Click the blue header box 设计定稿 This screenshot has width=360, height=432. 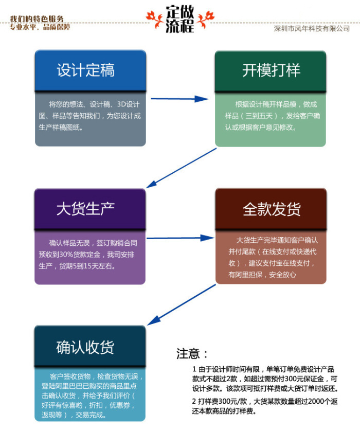[x=90, y=70]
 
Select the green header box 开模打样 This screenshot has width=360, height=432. [x=271, y=70]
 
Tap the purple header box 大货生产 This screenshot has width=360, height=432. [x=90, y=209]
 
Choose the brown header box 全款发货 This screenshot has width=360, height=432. [x=271, y=209]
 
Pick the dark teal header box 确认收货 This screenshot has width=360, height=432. [x=90, y=347]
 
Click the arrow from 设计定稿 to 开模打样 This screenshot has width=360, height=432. [x=180, y=98]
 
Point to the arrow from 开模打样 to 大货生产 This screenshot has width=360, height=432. [x=180, y=168]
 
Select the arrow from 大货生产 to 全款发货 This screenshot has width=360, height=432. [x=180, y=239]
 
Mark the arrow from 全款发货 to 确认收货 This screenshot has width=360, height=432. [x=180, y=305]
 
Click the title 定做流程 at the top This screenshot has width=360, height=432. [x=180, y=20]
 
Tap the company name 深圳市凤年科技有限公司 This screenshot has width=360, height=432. [x=312, y=29]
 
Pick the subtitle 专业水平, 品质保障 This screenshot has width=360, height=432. [x=40, y=27]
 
